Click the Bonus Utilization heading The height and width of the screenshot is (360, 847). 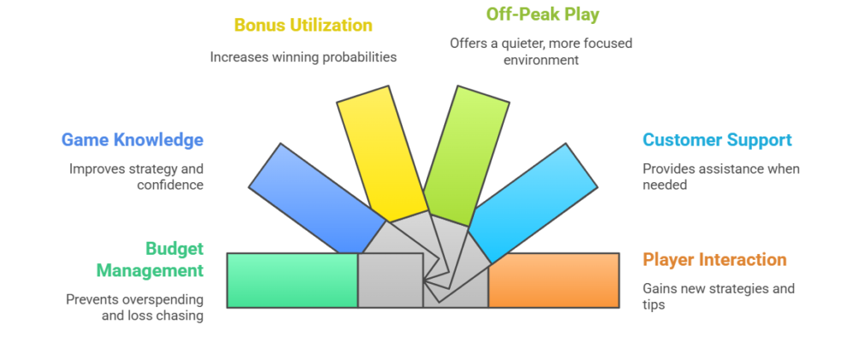(x=303, y=25)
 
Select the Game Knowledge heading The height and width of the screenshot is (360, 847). (x=132, y=140)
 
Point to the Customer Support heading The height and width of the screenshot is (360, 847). (x=717, y=140)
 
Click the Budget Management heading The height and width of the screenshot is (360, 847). (x=150, y=259)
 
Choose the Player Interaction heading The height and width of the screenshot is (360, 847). (x=715, y=260)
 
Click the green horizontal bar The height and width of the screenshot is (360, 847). (x=292, y=281)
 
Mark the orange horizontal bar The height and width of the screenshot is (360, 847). (x=553, y=281)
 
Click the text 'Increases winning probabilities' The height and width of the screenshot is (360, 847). (x=303, y=57)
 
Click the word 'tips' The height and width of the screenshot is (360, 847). (x=654, y=305)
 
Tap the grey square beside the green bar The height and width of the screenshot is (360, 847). (x=390, y=281)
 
